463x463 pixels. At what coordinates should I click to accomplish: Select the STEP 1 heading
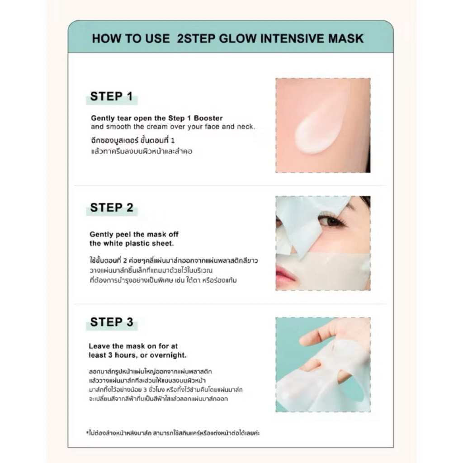[x=111, y=96]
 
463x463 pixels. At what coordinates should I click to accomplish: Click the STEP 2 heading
[x=112, y=208]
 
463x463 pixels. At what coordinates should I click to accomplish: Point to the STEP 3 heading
[x=112, y=322]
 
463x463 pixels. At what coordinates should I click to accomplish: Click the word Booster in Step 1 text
[x=208, y=118]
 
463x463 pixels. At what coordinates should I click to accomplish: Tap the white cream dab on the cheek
[x=321, y=126]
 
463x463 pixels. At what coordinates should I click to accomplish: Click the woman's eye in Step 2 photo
[x=332, y=221]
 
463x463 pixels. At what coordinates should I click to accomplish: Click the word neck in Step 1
[x=247, y=127]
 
